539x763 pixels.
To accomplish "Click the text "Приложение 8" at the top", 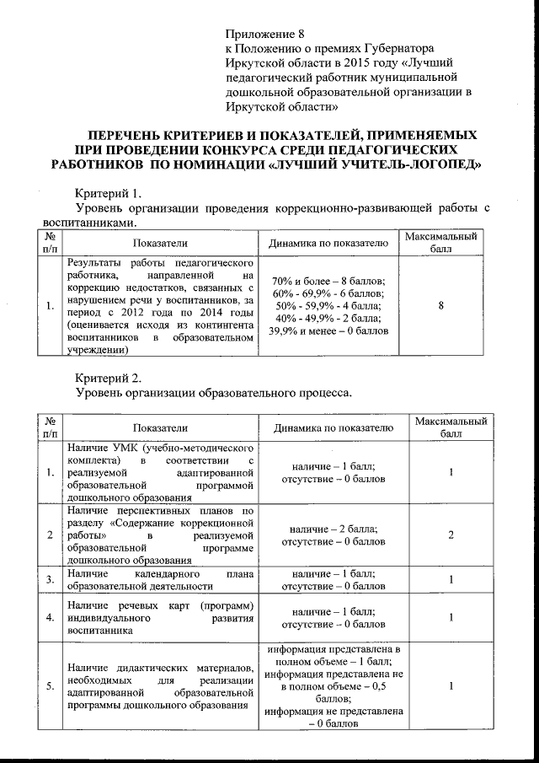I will click(263, 35).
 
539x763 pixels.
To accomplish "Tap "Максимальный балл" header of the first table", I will click(441, 243).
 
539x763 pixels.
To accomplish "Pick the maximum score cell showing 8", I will click(441, 308).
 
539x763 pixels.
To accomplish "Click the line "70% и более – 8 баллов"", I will click(328, 281).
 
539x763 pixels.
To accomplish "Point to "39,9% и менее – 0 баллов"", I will click(328, 331).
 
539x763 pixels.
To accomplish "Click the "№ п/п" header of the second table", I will click(51, 428).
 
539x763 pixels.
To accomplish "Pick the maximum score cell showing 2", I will click(451, 535).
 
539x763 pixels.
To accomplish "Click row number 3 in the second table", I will click(51, 579).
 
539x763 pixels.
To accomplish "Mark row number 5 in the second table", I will click(51, 687).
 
